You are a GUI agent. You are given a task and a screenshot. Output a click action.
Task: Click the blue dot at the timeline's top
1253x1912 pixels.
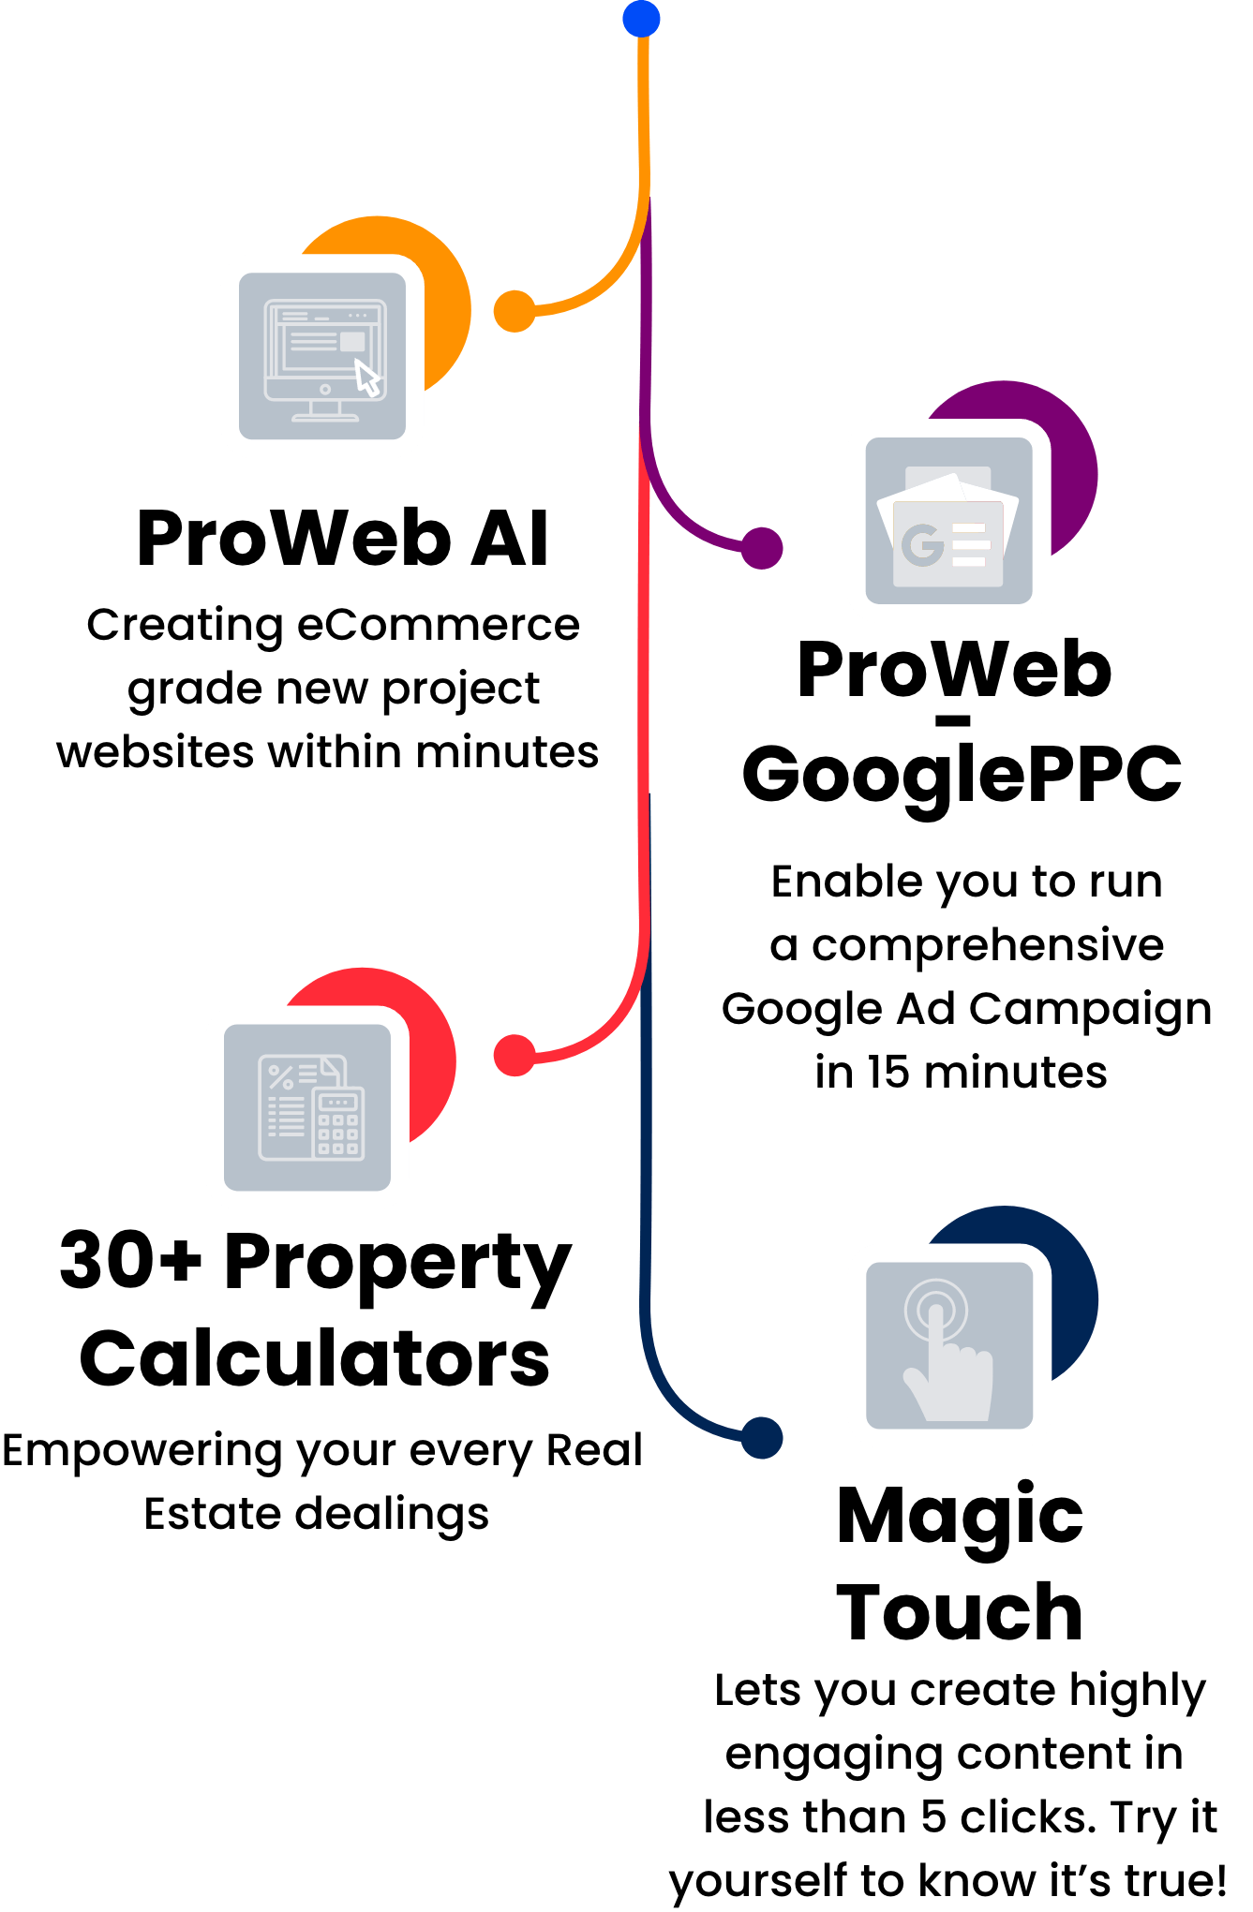641,19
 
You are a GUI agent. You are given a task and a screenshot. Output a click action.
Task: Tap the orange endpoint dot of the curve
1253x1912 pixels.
515,311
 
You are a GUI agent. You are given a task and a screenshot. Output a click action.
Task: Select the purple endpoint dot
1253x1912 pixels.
762,548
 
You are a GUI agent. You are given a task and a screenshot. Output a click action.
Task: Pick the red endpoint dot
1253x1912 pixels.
515,1056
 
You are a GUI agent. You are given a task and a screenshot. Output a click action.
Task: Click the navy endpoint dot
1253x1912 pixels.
762,1437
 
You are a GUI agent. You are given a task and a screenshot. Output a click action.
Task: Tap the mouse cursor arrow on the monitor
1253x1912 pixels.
367,379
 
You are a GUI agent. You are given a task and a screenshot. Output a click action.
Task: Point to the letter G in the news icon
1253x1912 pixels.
922,545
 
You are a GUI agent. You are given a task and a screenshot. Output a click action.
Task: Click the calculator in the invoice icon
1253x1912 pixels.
337,1124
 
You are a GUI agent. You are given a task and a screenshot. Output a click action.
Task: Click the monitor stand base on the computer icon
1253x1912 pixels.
325,418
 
